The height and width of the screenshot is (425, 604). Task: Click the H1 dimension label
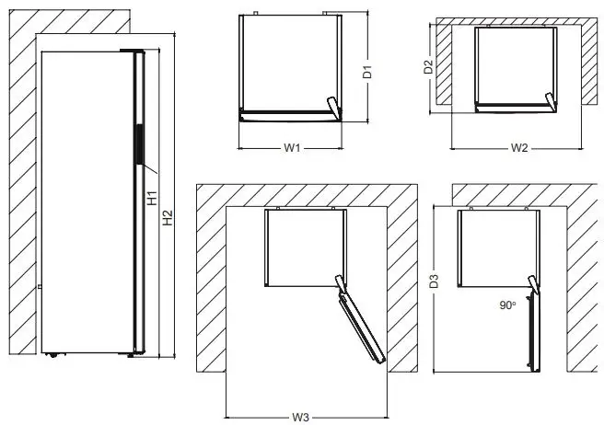click(x=154, y=197)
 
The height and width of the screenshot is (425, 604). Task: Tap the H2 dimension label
click(x=167, y=218)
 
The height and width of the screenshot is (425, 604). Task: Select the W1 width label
click(x=292, y=147)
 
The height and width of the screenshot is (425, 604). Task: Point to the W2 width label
click(x=517, y=147)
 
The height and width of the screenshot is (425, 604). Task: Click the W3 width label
click(x=300, y=417)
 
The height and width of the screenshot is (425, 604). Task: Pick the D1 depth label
click(x=366, y=72)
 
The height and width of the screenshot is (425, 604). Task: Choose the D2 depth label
click(x=428, y=67)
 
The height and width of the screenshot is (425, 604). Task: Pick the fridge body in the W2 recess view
click(x=516, y=66)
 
